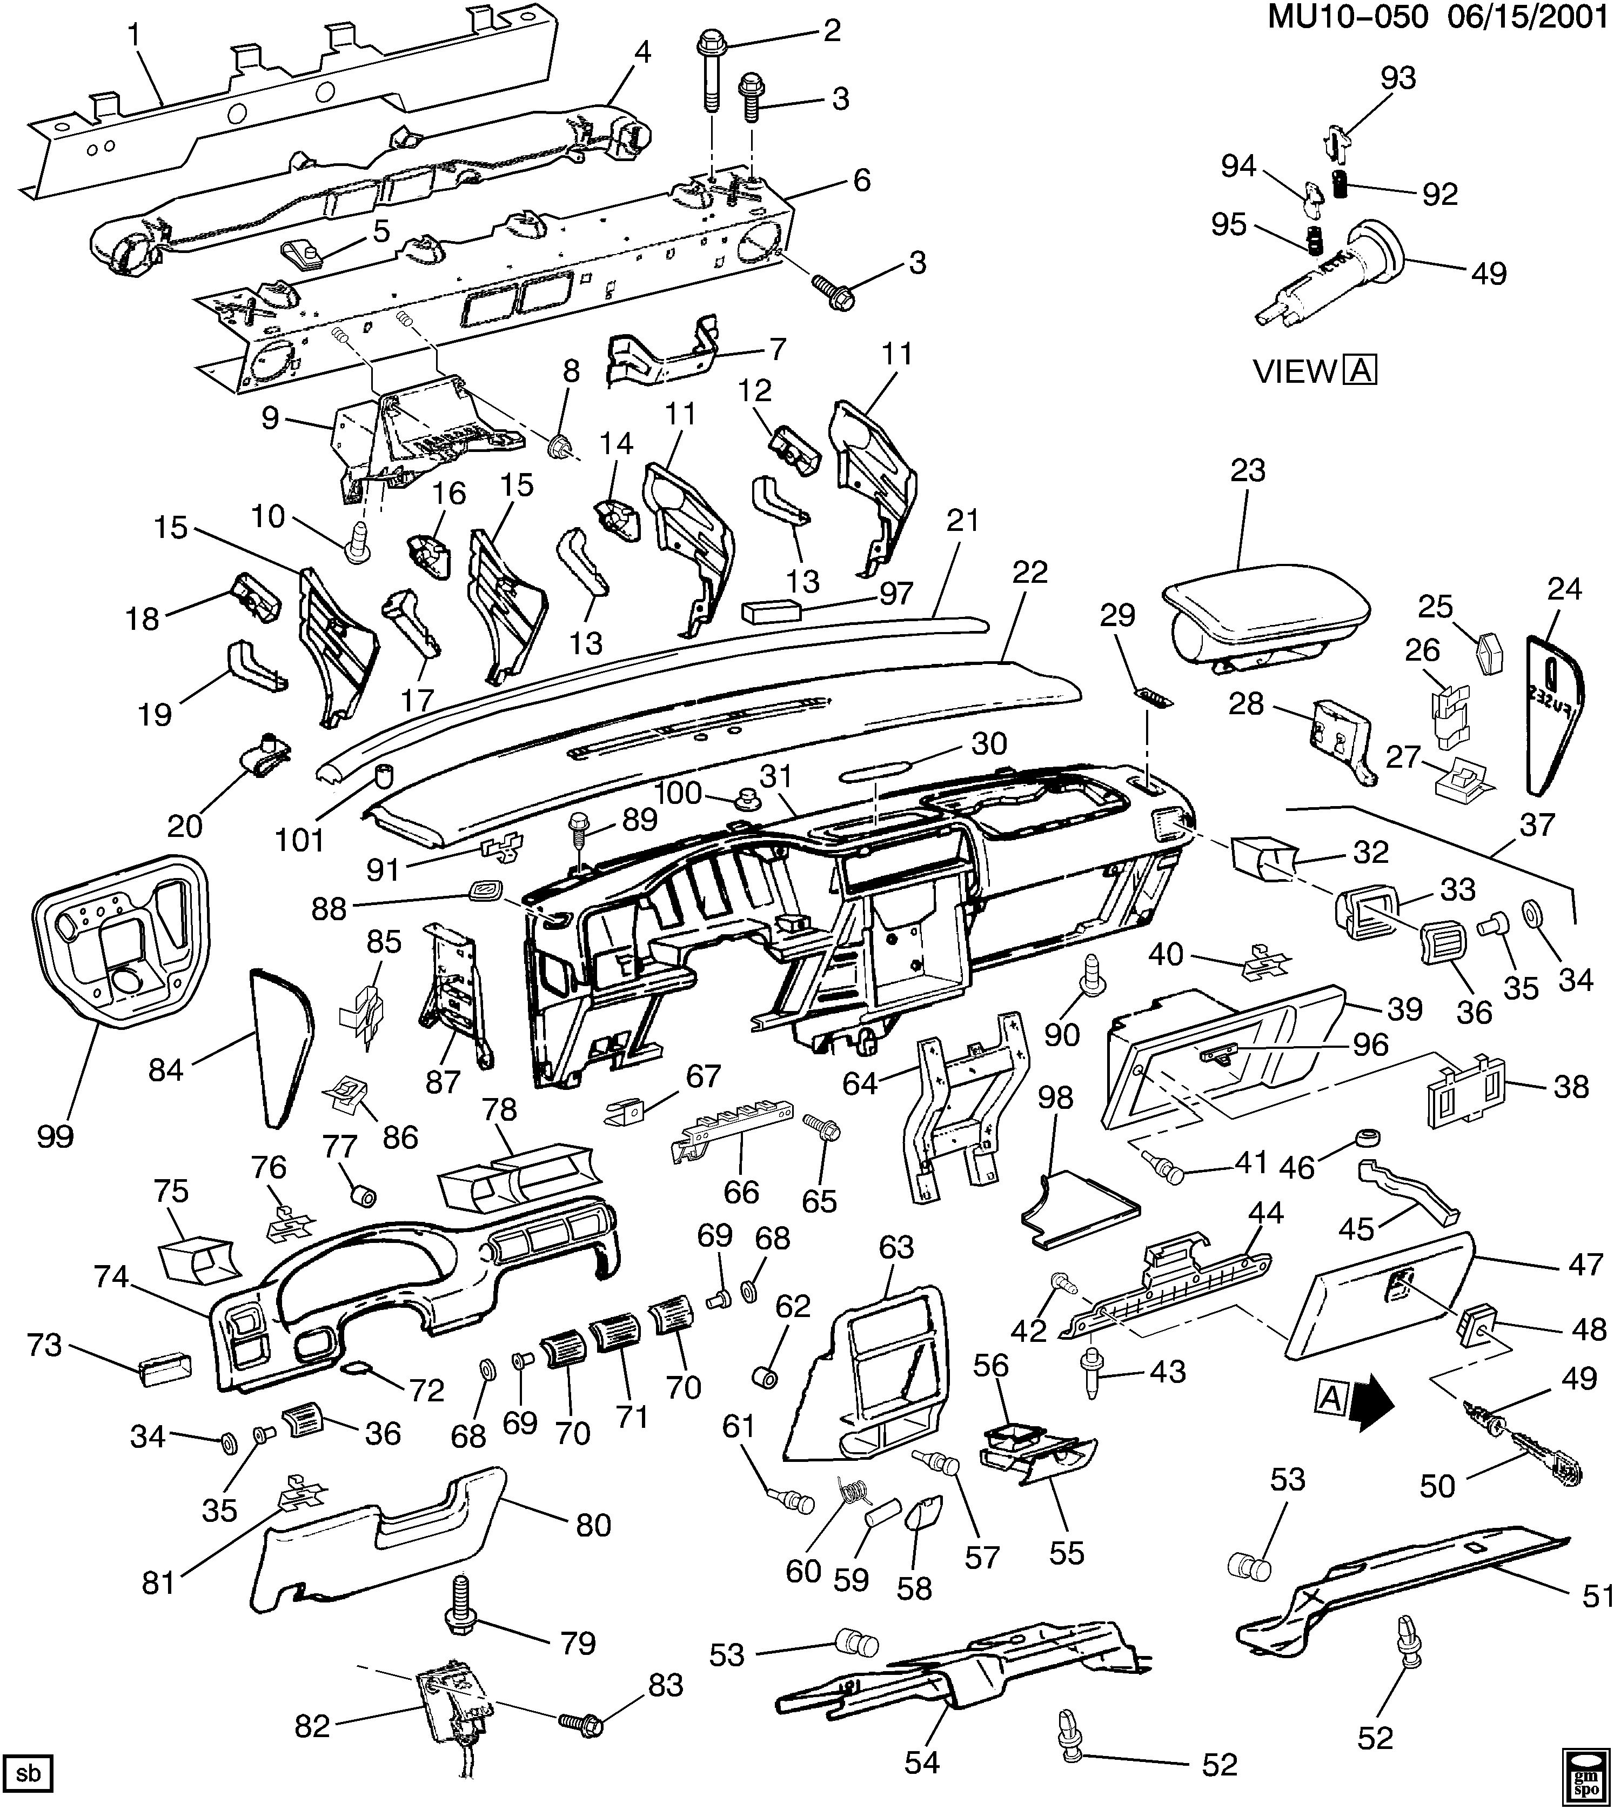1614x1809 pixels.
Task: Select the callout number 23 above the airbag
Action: [1247, 470]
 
